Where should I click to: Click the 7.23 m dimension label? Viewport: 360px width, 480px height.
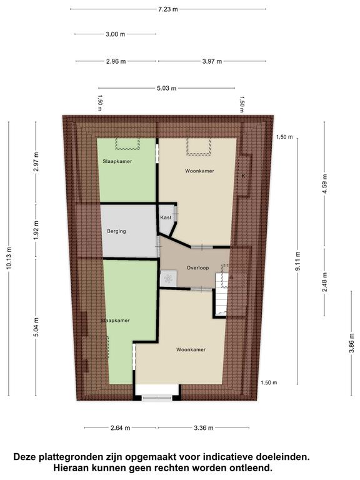point(167,9)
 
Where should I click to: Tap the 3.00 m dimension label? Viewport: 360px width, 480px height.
point(116,34)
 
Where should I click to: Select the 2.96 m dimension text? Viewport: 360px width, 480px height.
point(116,61)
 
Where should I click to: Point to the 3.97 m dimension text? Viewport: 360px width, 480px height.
point(212,61)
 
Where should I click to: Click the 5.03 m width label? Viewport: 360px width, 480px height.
point(166,88)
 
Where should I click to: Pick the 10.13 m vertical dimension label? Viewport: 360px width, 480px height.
point(9,258)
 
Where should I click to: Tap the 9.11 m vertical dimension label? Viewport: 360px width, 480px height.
point(298,261)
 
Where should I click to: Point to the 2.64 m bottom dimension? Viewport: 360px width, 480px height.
point(120,428)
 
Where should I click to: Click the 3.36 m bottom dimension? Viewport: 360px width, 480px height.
point(204,428)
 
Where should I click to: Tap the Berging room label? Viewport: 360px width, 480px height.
point(116,231)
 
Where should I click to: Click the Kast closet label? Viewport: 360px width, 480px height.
point(166,217)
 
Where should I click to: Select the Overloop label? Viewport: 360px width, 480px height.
point(197,268)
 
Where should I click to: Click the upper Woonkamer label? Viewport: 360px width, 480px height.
point(199,171)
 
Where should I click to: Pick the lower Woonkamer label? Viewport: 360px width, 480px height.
point(191,349)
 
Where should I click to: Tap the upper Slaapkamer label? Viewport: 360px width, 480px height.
point(117,161)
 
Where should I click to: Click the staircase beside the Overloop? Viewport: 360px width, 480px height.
point(222,294)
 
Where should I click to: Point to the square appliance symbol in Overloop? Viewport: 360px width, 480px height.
point(168,278)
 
